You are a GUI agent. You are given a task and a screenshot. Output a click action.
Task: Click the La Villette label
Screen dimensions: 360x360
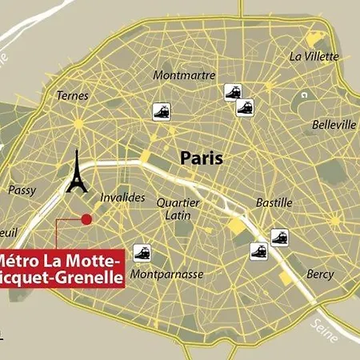click(314, 56)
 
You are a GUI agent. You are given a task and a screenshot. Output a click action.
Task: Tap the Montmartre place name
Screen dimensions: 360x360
click(184, 75)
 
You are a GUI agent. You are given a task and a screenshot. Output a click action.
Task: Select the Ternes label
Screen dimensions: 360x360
click(73, 95)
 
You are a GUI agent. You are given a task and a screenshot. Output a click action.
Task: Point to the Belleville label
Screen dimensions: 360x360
click(333, 125)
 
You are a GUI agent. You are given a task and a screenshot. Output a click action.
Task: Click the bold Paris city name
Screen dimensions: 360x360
click(202, 158)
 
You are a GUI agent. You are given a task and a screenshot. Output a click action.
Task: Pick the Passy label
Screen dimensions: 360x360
click(21, 190)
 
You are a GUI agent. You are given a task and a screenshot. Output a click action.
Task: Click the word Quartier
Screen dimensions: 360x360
click(178, 202)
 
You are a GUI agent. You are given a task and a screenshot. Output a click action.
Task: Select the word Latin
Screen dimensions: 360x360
click(177, 215)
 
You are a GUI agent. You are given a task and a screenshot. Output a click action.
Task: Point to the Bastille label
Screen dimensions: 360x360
click(274, 202)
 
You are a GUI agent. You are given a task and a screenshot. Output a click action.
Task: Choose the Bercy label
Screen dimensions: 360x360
click(320, 274)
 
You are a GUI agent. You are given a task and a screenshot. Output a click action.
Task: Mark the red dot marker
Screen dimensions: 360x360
click(86, 218)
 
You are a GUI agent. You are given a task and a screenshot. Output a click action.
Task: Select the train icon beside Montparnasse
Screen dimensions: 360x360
click(143, 253)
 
